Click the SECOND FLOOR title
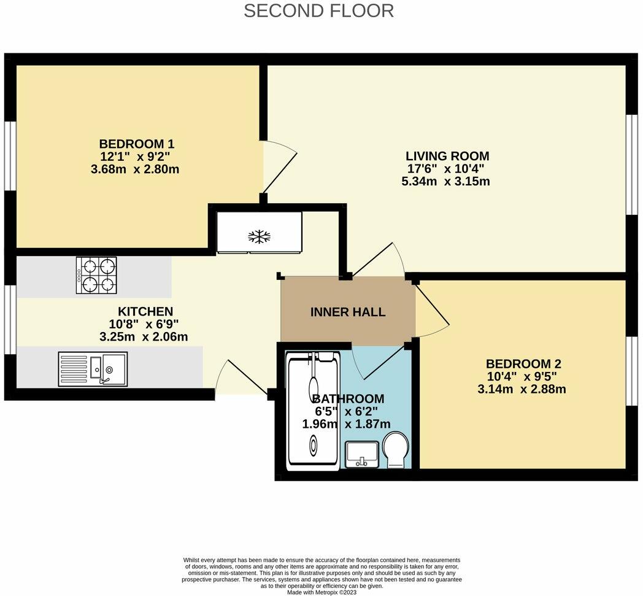(x=318, y=11)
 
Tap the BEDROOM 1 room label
(x=137, y=144)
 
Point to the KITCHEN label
(x=145, y=312)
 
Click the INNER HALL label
(x=348, y=312)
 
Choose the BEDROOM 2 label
(x=523, y=363)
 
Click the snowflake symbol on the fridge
(x=259, y=236)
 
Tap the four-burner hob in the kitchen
(x=96, y=275)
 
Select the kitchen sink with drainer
(x=93, y=369)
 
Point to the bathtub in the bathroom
(x=314, y=408)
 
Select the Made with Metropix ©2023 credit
(x=322, y=592)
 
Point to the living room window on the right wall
(x=630, y=164)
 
